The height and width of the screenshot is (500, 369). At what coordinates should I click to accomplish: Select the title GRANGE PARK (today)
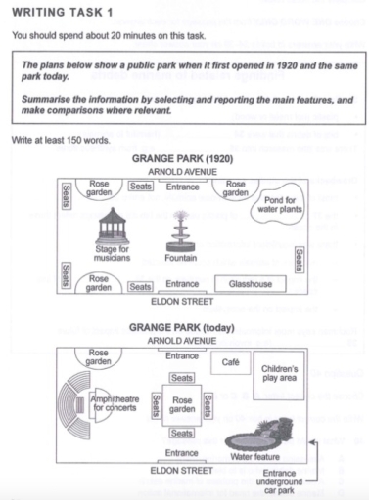coord(183,330)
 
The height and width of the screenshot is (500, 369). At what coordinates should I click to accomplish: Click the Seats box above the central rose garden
coord(181,376)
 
